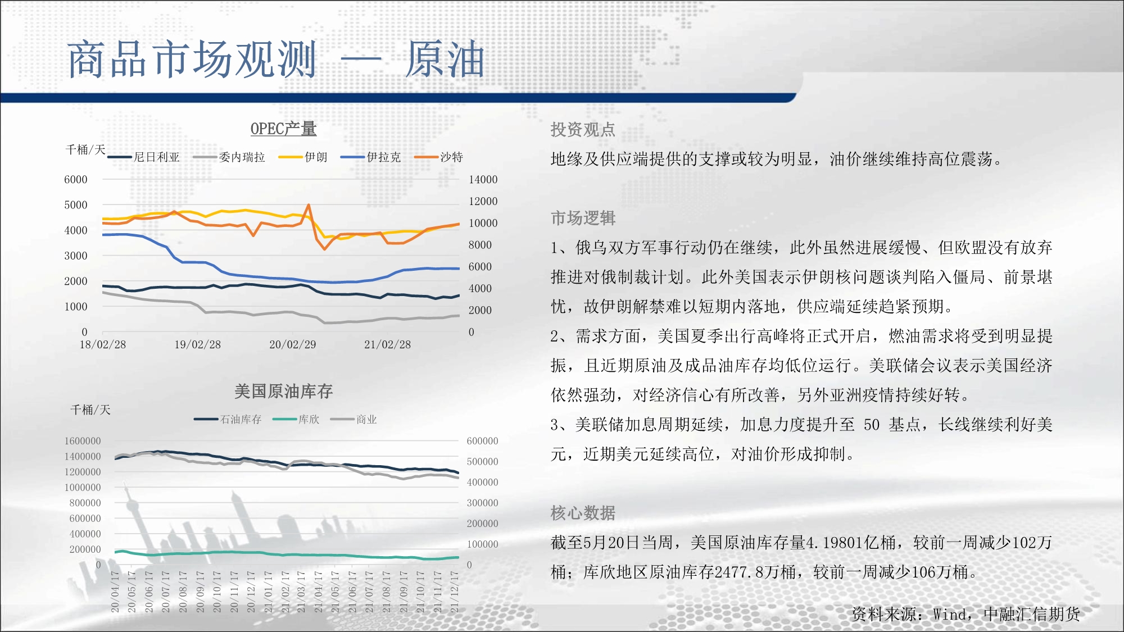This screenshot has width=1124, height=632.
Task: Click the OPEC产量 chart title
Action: tap(283, 129)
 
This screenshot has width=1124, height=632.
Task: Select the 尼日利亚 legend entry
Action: tap(144, 157)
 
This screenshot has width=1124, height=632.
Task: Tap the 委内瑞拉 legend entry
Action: tap(229, 157)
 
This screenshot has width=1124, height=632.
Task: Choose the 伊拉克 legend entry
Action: tap(371, 157)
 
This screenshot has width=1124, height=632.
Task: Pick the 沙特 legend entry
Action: tap(439, 157)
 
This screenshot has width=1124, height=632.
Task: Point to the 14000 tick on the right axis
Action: tap(483, 180)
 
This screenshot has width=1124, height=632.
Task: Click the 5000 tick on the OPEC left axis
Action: tap(76, 205)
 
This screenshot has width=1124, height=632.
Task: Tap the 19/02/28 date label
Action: tap(197, 344)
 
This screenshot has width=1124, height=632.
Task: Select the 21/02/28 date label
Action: tap(387, 344)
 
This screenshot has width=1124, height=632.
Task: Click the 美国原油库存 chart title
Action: tap(283, 391)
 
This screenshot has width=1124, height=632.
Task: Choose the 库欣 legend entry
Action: tap(296, 420)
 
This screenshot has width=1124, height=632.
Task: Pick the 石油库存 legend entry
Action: tap(228, 420)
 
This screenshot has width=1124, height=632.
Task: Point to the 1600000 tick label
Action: tap(83, 441)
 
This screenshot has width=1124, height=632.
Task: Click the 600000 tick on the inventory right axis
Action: tap(482, 441)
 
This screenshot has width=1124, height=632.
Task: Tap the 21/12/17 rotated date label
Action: tap(454, 592)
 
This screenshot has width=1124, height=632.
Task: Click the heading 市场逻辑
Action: tap(583, 218)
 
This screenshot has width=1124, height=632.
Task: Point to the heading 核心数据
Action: tap(583, 513)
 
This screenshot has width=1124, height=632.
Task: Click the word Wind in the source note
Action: tap(949, 615)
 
